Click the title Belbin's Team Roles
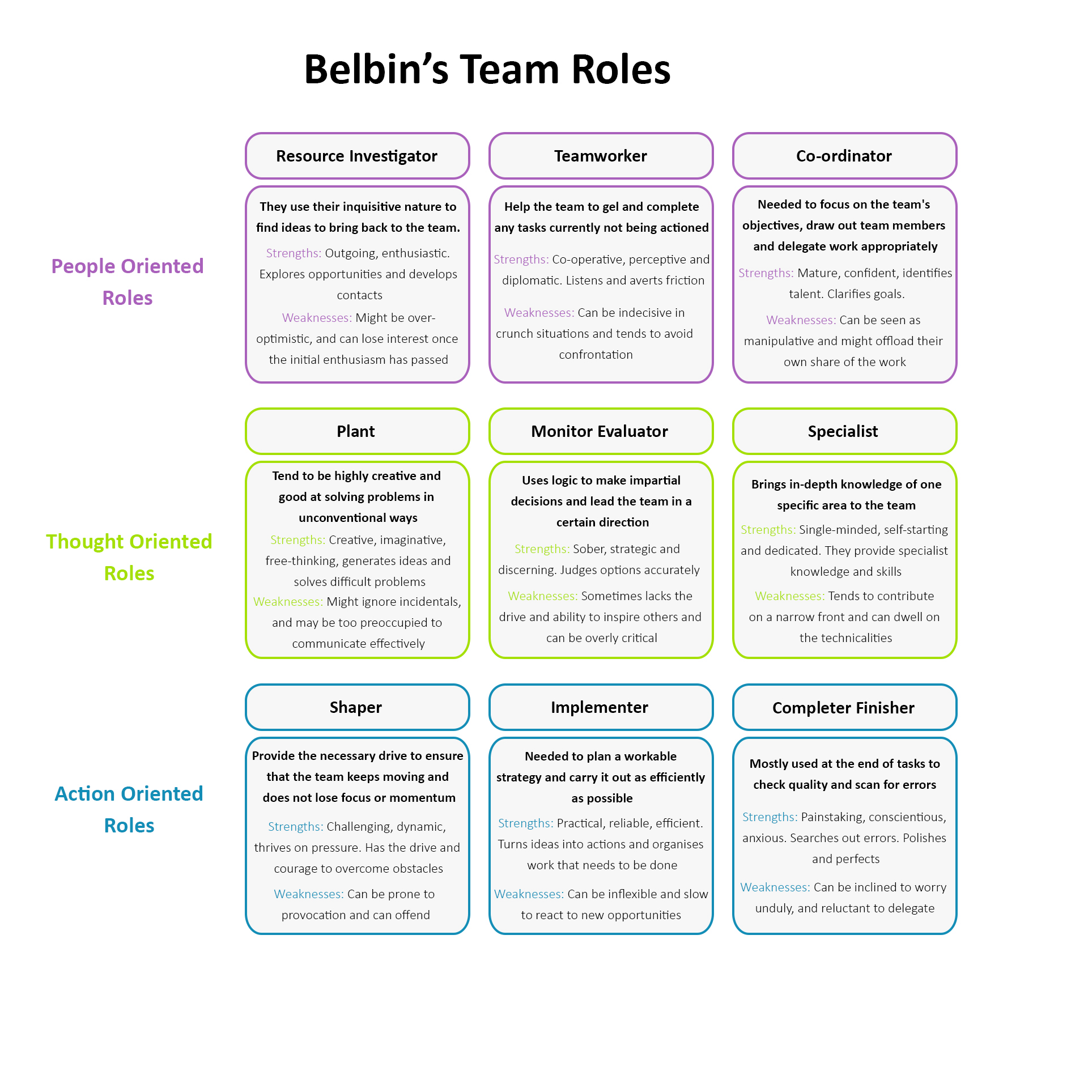(487, 69)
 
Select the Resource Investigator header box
(357, 156)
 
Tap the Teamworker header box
(601, 156)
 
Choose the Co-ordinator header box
(844, 156)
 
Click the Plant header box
(357, 431)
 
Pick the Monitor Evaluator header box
(601, 431)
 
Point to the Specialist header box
(844, 431)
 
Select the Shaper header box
(357, 707)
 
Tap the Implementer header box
(601, 707)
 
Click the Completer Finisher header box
(844, 708)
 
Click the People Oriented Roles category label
(127, 282)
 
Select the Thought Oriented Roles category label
(129, 557)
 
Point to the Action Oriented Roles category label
(129, 809)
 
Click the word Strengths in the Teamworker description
(521, 260)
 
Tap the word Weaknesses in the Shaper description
(308, 894)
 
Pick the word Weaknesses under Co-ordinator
(801, 320)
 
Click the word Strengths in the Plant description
(297, 540)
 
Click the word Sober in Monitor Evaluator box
(588, 549)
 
